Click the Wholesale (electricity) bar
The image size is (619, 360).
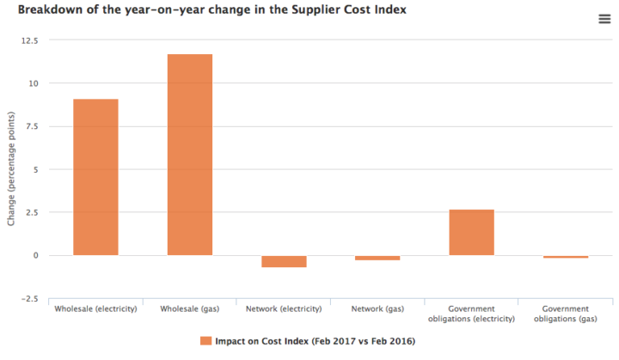click(x=95, y=177)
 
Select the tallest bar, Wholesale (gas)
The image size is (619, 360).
click(x=189, y=155)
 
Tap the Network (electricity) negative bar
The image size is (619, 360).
click(x=284, y=261)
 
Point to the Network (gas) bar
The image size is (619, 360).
click(x=377, y=258)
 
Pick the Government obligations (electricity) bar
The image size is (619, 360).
click(x=471, y=232)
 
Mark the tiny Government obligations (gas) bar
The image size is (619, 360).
click(x=565, y=257)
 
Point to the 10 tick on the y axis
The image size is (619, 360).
click(x=33, y=83)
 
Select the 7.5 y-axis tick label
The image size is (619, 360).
click(x=31, y=126)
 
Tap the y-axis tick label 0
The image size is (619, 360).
click(x=36, y=255)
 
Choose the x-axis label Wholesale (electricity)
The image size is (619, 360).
click(x=95, y=308)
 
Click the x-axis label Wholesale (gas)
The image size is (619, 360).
click(x=189, y=308)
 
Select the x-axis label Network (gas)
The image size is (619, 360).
click(x=377, y=308)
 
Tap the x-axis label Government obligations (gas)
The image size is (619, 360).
click(x=565, y=314)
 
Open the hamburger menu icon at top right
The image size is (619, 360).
click(x=604, y=20)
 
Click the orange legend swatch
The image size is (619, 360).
click(x=205, y=341)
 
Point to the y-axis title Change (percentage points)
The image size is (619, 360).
click(x=11, y=169)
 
